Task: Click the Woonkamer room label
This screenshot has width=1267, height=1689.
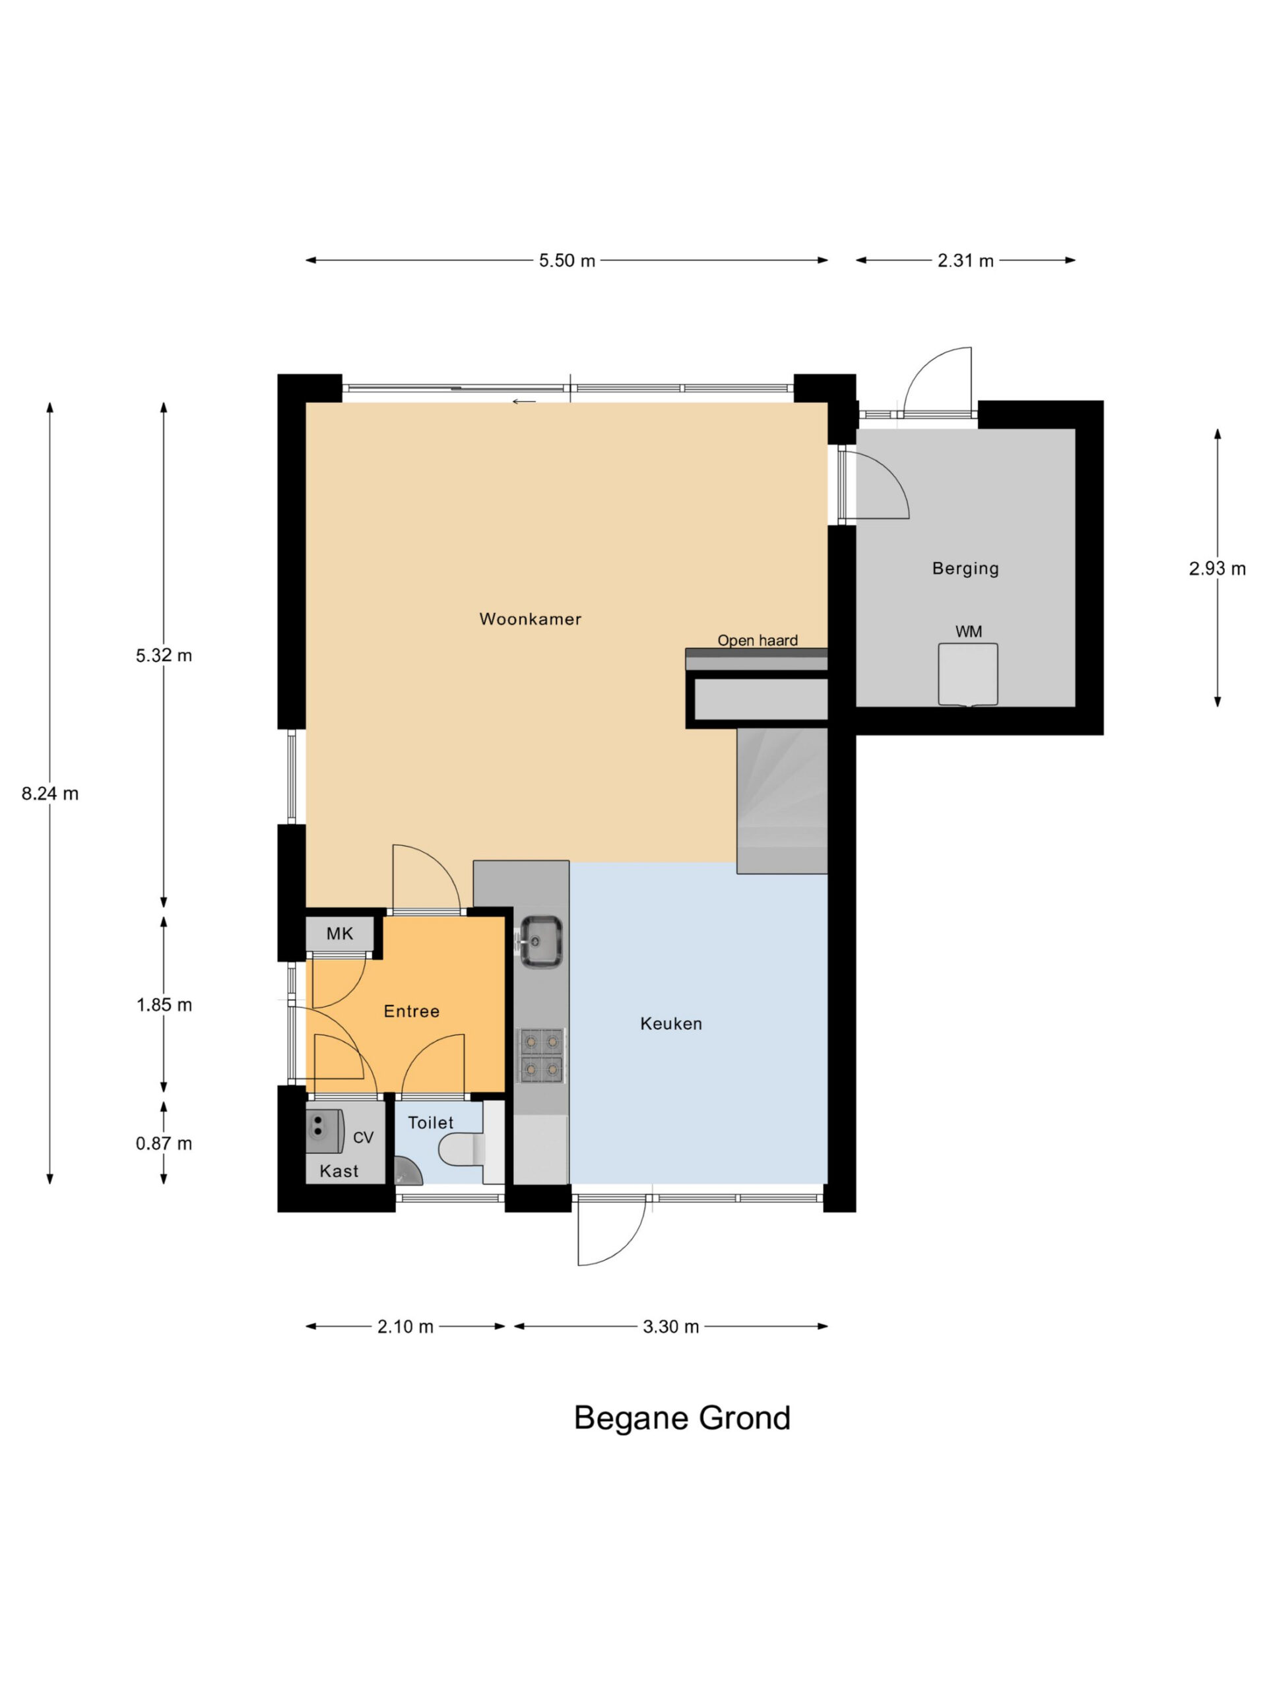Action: (530, 620)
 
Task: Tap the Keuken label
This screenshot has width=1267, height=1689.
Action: (670, 1023)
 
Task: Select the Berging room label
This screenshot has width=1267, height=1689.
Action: (965, 568)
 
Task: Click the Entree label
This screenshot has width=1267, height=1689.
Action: (412, 1011)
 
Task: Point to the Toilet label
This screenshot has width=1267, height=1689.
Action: (431, 1122)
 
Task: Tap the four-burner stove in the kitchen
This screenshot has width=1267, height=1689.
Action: (542, 1055)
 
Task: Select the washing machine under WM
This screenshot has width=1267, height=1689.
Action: (967, 674)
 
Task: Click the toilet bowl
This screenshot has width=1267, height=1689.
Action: (463, 1150)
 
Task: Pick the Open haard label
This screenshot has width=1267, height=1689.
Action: (757, 640)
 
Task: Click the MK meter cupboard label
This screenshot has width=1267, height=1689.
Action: (340, 933)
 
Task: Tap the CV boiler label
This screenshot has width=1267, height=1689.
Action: (364, 1137)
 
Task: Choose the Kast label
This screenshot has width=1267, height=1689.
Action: (339, 1171)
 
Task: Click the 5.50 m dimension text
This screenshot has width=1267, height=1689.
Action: (567, 261)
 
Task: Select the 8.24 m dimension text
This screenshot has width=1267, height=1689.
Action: (49, 793)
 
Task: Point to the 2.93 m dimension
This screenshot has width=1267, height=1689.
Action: (1218, 568)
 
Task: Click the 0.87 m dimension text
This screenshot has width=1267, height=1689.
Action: (164, 1143)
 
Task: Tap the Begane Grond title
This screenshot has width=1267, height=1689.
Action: (682, 1418)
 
